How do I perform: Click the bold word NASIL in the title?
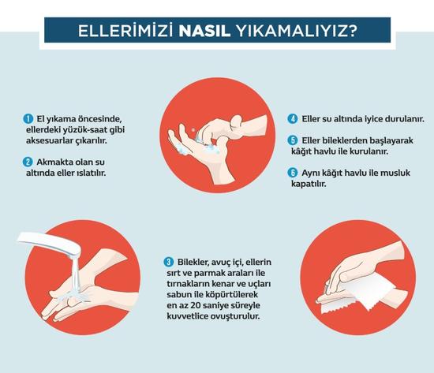204,31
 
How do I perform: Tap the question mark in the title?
353,31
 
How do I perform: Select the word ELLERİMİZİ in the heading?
126,31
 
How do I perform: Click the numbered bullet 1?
28,119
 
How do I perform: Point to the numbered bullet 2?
28,162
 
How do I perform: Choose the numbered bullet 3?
169,262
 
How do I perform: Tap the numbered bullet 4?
293,119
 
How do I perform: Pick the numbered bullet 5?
293,140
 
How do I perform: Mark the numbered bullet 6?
293,173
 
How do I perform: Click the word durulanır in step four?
403,119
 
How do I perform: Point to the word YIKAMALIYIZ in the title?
291,31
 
